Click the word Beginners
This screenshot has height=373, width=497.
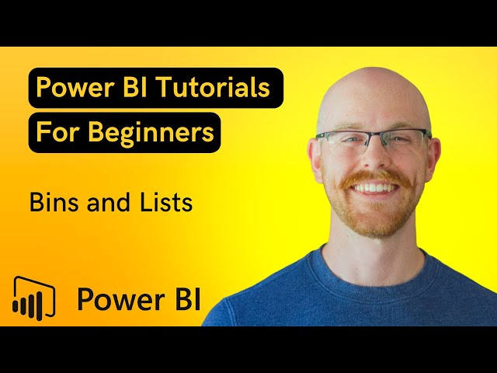click(x=151, y=133)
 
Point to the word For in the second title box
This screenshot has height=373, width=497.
click(x=56, y=133)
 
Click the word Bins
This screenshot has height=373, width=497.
click(x=54, y=203)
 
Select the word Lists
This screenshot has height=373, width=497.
click(x=165, y=203)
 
